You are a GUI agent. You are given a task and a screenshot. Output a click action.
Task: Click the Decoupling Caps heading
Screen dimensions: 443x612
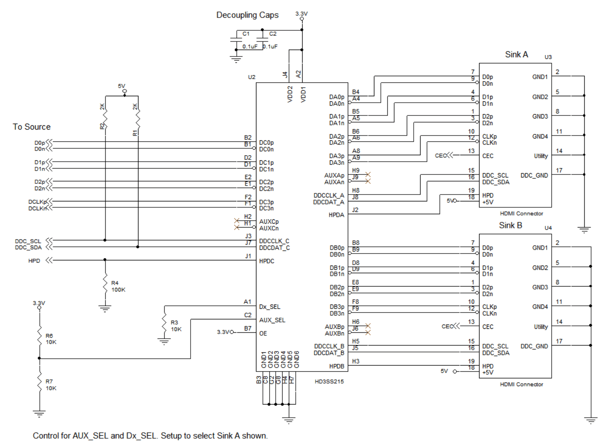(247, 15)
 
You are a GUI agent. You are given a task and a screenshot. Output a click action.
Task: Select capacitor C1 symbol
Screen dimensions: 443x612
(236, 40)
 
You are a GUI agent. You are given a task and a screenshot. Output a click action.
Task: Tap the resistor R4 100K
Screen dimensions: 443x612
(105, 284)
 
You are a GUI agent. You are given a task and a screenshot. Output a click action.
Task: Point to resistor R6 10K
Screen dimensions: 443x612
(39, 337)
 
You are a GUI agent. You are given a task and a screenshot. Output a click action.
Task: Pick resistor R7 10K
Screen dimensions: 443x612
(39, 383)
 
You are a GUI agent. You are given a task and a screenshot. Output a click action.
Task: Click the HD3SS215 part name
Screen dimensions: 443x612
(329, 381)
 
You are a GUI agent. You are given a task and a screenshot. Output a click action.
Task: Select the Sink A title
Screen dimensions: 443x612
(516, 54)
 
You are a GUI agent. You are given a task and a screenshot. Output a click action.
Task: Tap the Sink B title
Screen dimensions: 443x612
(510, 225)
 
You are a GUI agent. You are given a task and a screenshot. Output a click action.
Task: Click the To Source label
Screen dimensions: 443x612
(32, 127)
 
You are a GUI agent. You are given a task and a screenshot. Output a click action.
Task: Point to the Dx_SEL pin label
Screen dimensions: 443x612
(270, 307)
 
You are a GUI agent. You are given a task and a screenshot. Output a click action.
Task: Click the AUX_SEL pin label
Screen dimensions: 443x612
(272, 320)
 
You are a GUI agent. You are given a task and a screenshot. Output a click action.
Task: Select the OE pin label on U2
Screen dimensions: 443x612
(263, 334)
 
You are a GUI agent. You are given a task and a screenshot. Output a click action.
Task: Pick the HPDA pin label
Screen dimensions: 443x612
(336, 215)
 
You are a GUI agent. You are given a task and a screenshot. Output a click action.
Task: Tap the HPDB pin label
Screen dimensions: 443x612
(336, 366)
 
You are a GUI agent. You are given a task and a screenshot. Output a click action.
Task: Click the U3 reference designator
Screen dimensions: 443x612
(548, 57)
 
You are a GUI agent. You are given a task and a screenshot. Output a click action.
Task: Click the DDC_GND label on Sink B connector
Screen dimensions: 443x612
(534, 346)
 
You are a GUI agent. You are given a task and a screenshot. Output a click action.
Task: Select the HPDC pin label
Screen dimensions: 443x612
(267, 261)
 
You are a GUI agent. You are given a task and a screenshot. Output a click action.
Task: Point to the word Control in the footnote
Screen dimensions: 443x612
(46, 436)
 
